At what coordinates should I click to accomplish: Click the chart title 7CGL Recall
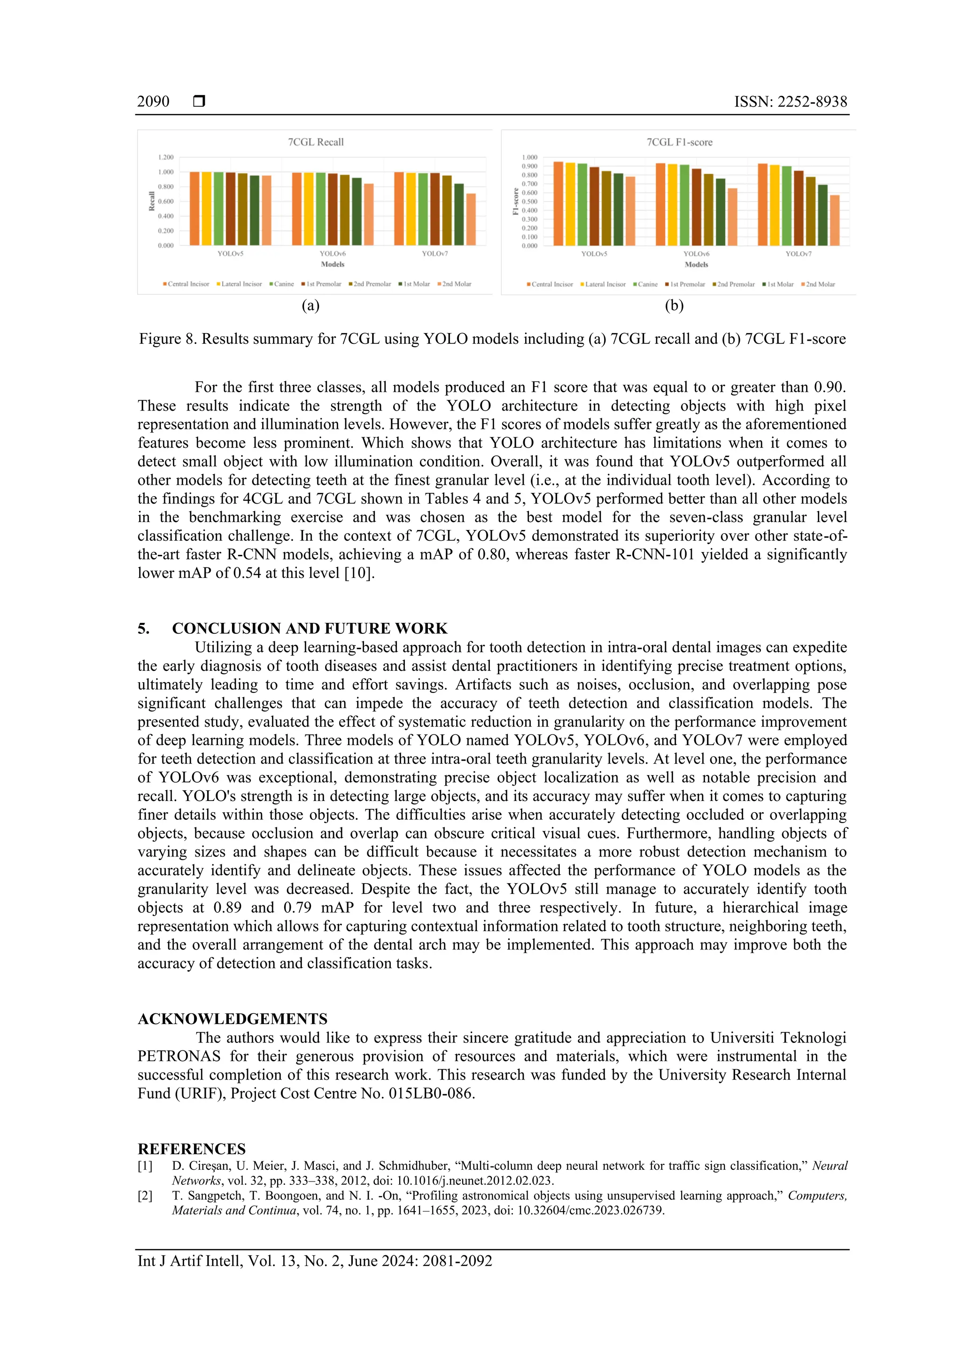(x=315, y=142)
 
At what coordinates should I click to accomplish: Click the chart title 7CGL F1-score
(x=679, y=142)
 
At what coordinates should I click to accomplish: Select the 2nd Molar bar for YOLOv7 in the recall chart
(x=471, y=219)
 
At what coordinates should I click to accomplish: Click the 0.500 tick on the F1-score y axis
(x=529, y=202)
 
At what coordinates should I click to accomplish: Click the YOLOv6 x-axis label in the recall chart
(x=333, y=254)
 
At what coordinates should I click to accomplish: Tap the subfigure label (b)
(x=674, y=305)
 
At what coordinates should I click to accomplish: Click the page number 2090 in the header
(x=153, y=101)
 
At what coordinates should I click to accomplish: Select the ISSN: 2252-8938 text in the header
(x=790, y=101)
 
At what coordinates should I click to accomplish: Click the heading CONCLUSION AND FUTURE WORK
(x=310, y=628)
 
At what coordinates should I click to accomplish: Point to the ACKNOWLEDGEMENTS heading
(x=233, y=1019)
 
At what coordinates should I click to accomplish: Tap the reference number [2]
(x=145, y=1196)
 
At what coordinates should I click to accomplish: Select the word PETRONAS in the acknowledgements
(x=178, y=1056)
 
